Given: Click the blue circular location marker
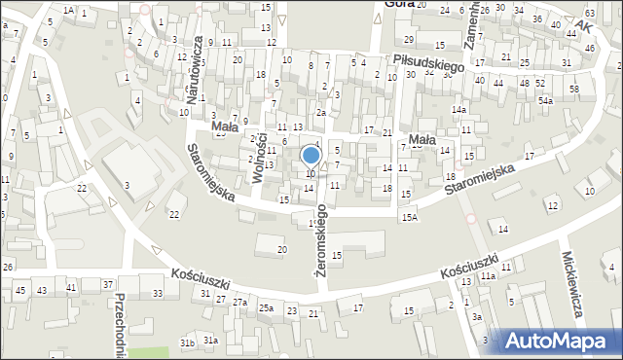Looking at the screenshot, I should pos(311,155).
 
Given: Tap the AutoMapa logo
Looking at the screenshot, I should pos(560,341).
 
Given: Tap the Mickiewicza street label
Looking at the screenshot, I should pos(571,283).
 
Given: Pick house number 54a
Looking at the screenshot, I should pos(546,101).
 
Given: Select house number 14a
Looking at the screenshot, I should pos(458,110).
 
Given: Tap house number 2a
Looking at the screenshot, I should pos(320,113).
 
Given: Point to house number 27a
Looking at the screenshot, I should pos(239,303).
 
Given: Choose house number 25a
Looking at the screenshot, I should pos(266,308).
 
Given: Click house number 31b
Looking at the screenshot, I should pos(187,342).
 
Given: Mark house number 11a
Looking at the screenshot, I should pos(487,277).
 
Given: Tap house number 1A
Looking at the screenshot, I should pos(68,10).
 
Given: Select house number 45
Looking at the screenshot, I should pos(20,290).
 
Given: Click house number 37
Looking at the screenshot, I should pos(108,284).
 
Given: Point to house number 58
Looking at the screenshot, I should pos(574,90).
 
